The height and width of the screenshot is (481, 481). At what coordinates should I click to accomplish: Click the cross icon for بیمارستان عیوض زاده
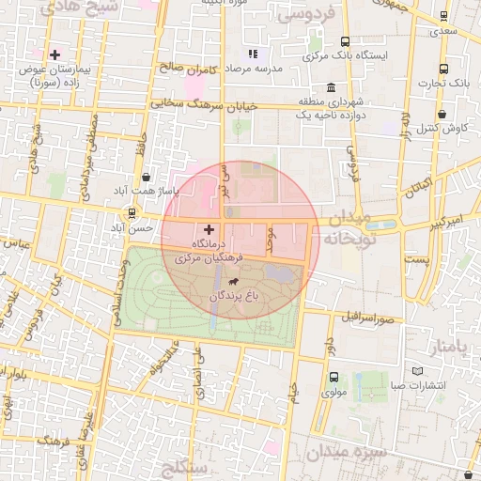[55, 54]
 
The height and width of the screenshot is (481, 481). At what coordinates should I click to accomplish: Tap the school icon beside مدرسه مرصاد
[252, 54]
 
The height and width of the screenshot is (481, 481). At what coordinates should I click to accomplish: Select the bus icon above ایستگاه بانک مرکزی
[346, 41]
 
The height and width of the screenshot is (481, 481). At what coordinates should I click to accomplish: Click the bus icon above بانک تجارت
[443, 69]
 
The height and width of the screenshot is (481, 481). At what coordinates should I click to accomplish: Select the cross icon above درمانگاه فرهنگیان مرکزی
[209, 229]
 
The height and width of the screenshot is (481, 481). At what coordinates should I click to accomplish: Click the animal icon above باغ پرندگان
[232, 280]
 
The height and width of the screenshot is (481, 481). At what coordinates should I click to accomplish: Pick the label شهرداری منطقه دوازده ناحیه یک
[330, 108]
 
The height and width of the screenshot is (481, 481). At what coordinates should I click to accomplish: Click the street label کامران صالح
[189, 69]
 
